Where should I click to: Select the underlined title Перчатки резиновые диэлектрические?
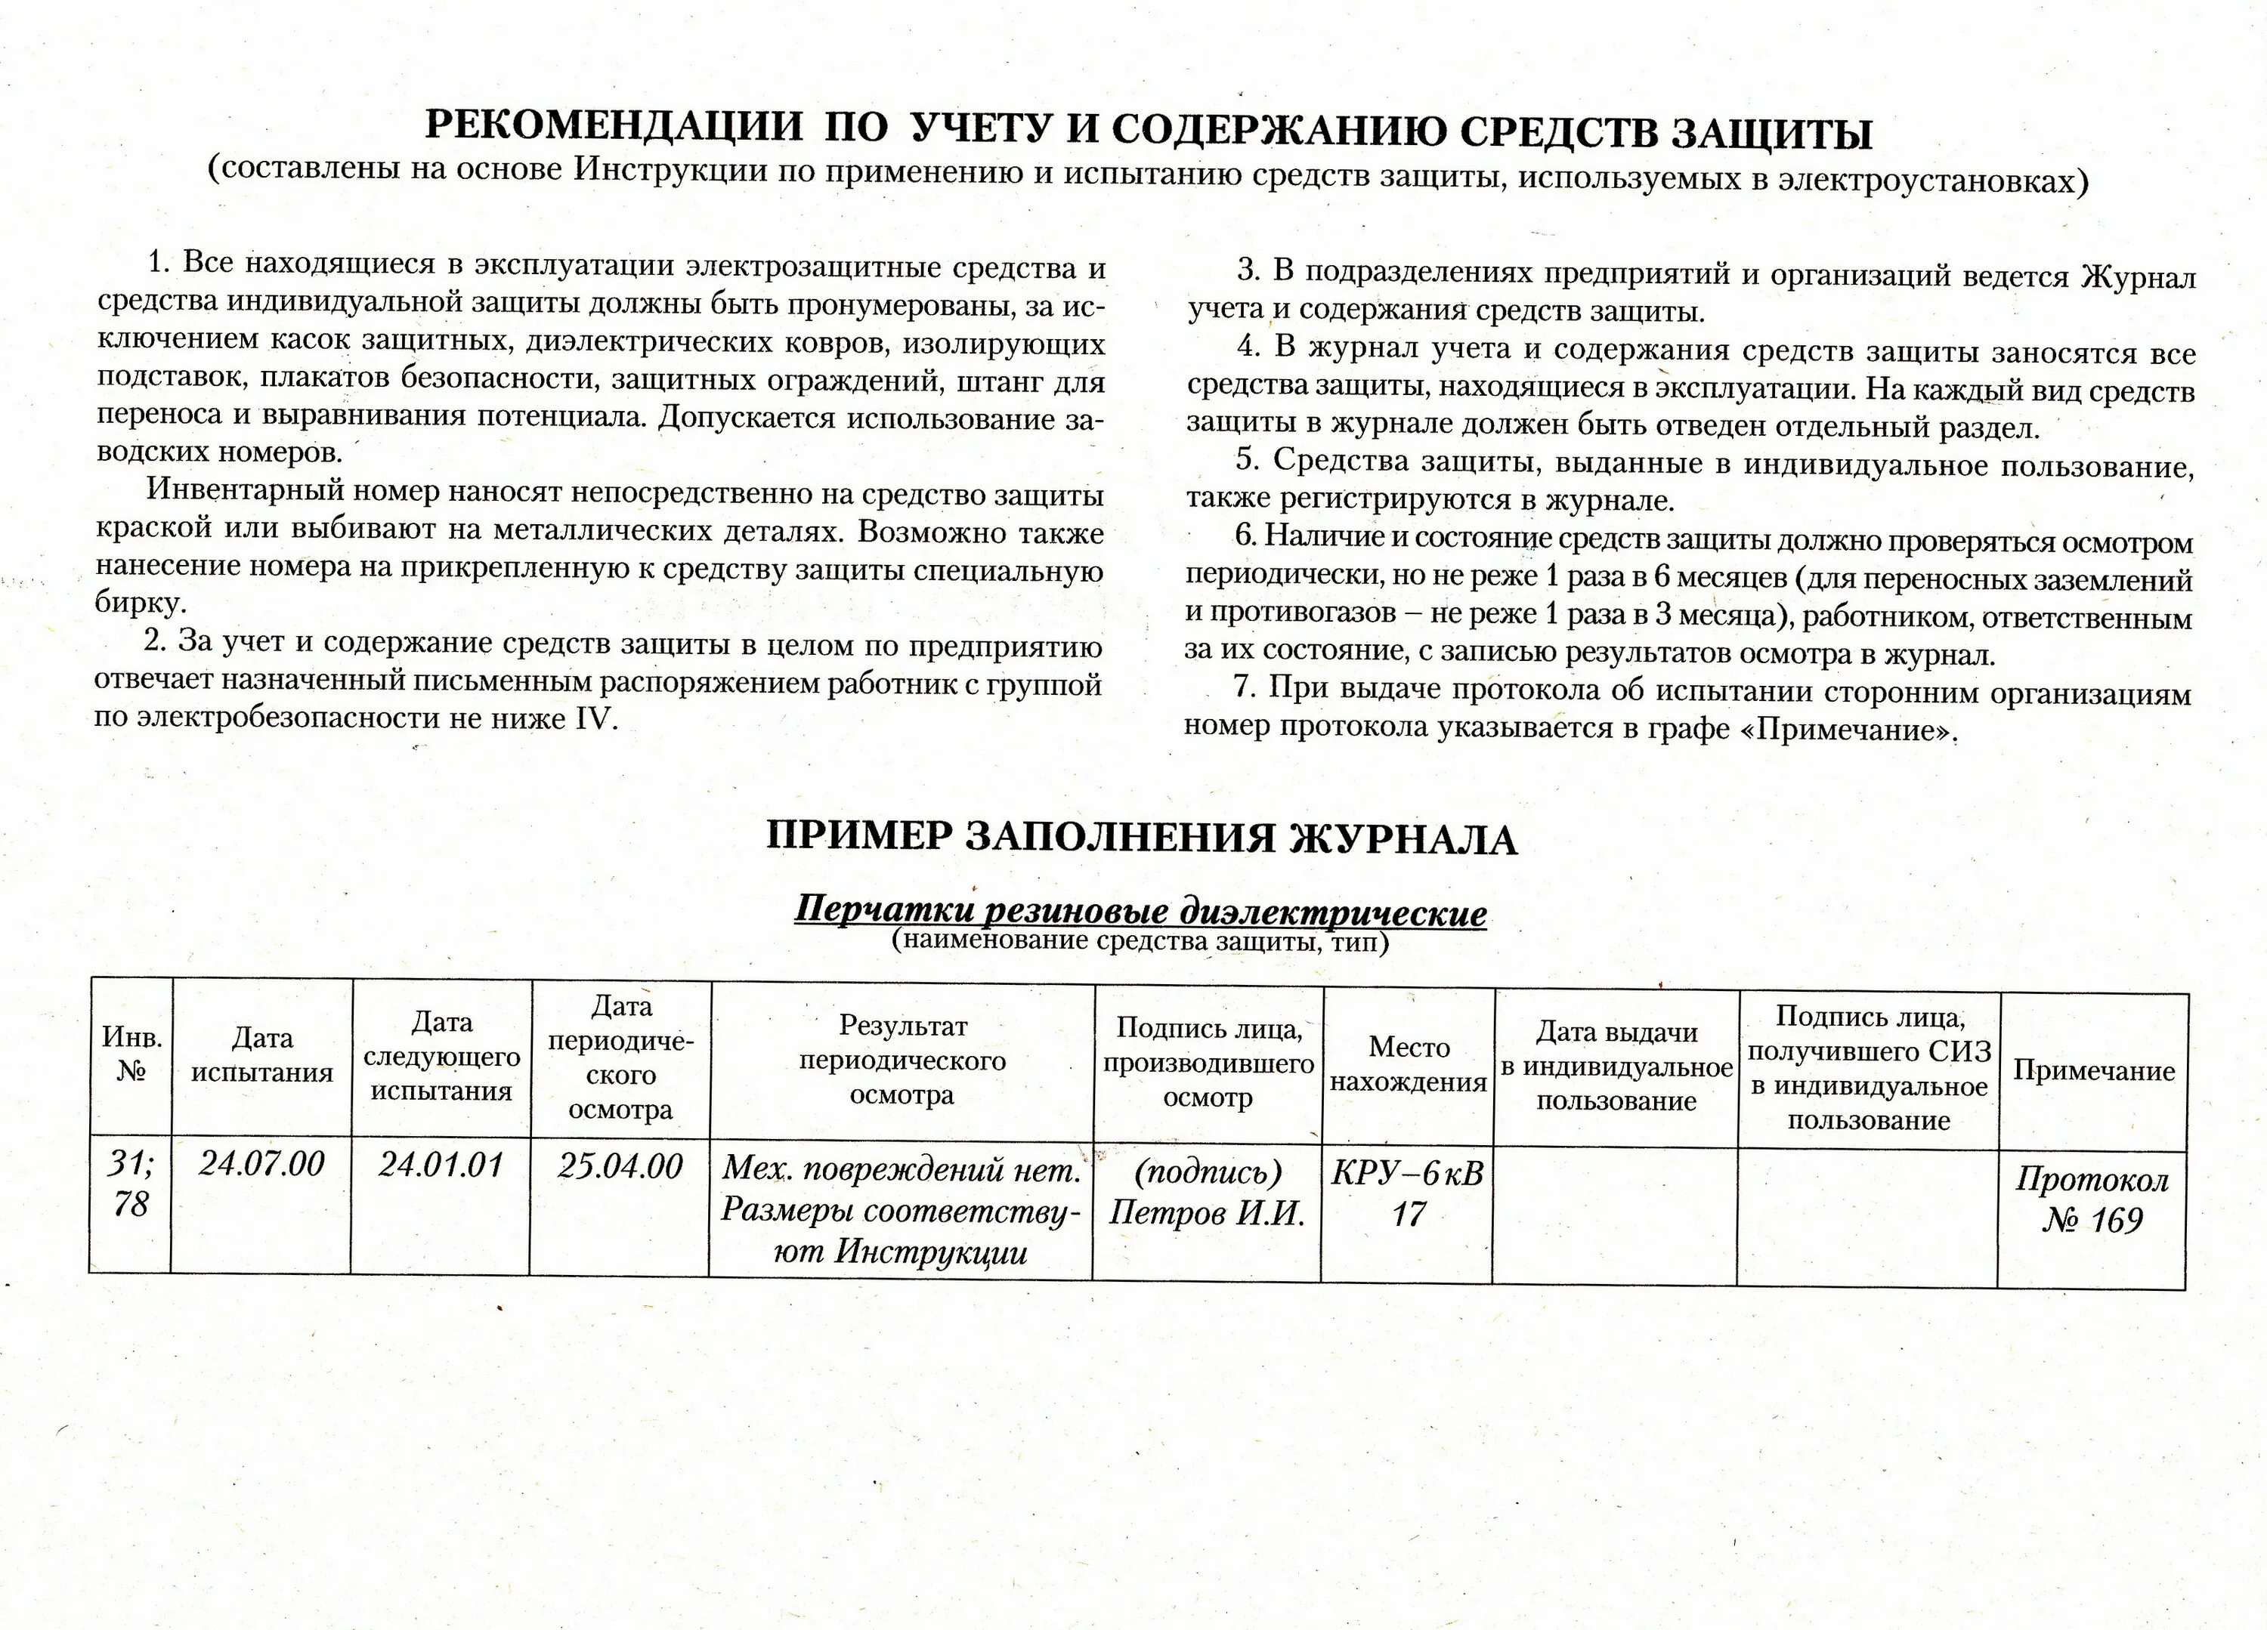tap(1140, 912)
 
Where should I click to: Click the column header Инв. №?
tap(131, 1054)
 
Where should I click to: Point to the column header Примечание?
tap(2093, 1071)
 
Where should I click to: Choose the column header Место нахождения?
tap(1409, 1064)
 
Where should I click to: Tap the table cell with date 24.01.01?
tap(441, 1165)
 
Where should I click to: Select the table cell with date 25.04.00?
tap(620, 1166)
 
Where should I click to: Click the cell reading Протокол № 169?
tap(2092, 1200)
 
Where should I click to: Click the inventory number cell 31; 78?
tap(131, 1184)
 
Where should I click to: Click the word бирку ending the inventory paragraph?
tap(139, 604)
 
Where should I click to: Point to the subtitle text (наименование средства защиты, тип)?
tap(1140, 940)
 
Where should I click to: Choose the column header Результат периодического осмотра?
tap(902, 1060)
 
